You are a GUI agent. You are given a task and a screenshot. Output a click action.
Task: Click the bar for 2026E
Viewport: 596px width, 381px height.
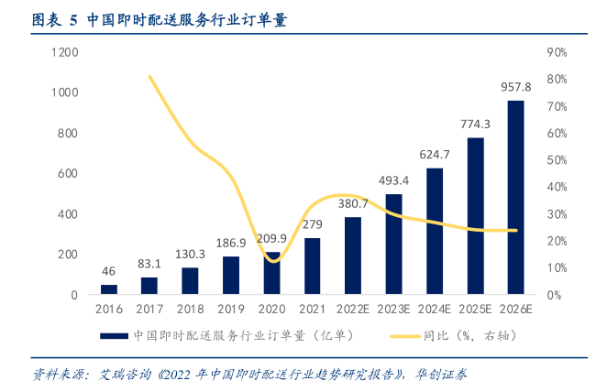coord(515,198)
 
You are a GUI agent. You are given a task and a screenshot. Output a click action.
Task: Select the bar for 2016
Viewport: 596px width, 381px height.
coord(109,289)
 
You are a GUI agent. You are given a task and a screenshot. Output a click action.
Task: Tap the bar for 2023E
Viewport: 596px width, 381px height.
coord(393,245)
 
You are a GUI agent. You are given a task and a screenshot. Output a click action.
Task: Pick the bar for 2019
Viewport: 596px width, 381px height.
coord(231,276)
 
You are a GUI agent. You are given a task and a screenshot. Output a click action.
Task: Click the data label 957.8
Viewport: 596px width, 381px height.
coord(515,87)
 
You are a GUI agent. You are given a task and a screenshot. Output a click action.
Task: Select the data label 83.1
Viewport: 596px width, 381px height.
coord(149,265)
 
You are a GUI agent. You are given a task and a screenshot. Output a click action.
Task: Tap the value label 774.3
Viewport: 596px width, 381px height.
coord(475,124)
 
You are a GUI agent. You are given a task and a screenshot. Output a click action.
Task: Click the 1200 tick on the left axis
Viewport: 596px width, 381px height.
coord(65,52)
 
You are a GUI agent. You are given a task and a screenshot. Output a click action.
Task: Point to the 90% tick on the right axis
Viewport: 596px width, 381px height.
coord(557,52)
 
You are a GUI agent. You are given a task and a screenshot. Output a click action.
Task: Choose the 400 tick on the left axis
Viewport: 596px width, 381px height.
coord(69,214)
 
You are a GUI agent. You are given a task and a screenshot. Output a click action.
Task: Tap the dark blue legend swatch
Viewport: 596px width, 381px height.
coord(113,336)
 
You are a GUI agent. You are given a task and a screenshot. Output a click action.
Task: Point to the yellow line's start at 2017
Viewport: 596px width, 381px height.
coord(149,76)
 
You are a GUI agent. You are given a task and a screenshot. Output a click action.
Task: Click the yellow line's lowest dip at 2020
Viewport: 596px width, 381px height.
coord(272,261)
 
